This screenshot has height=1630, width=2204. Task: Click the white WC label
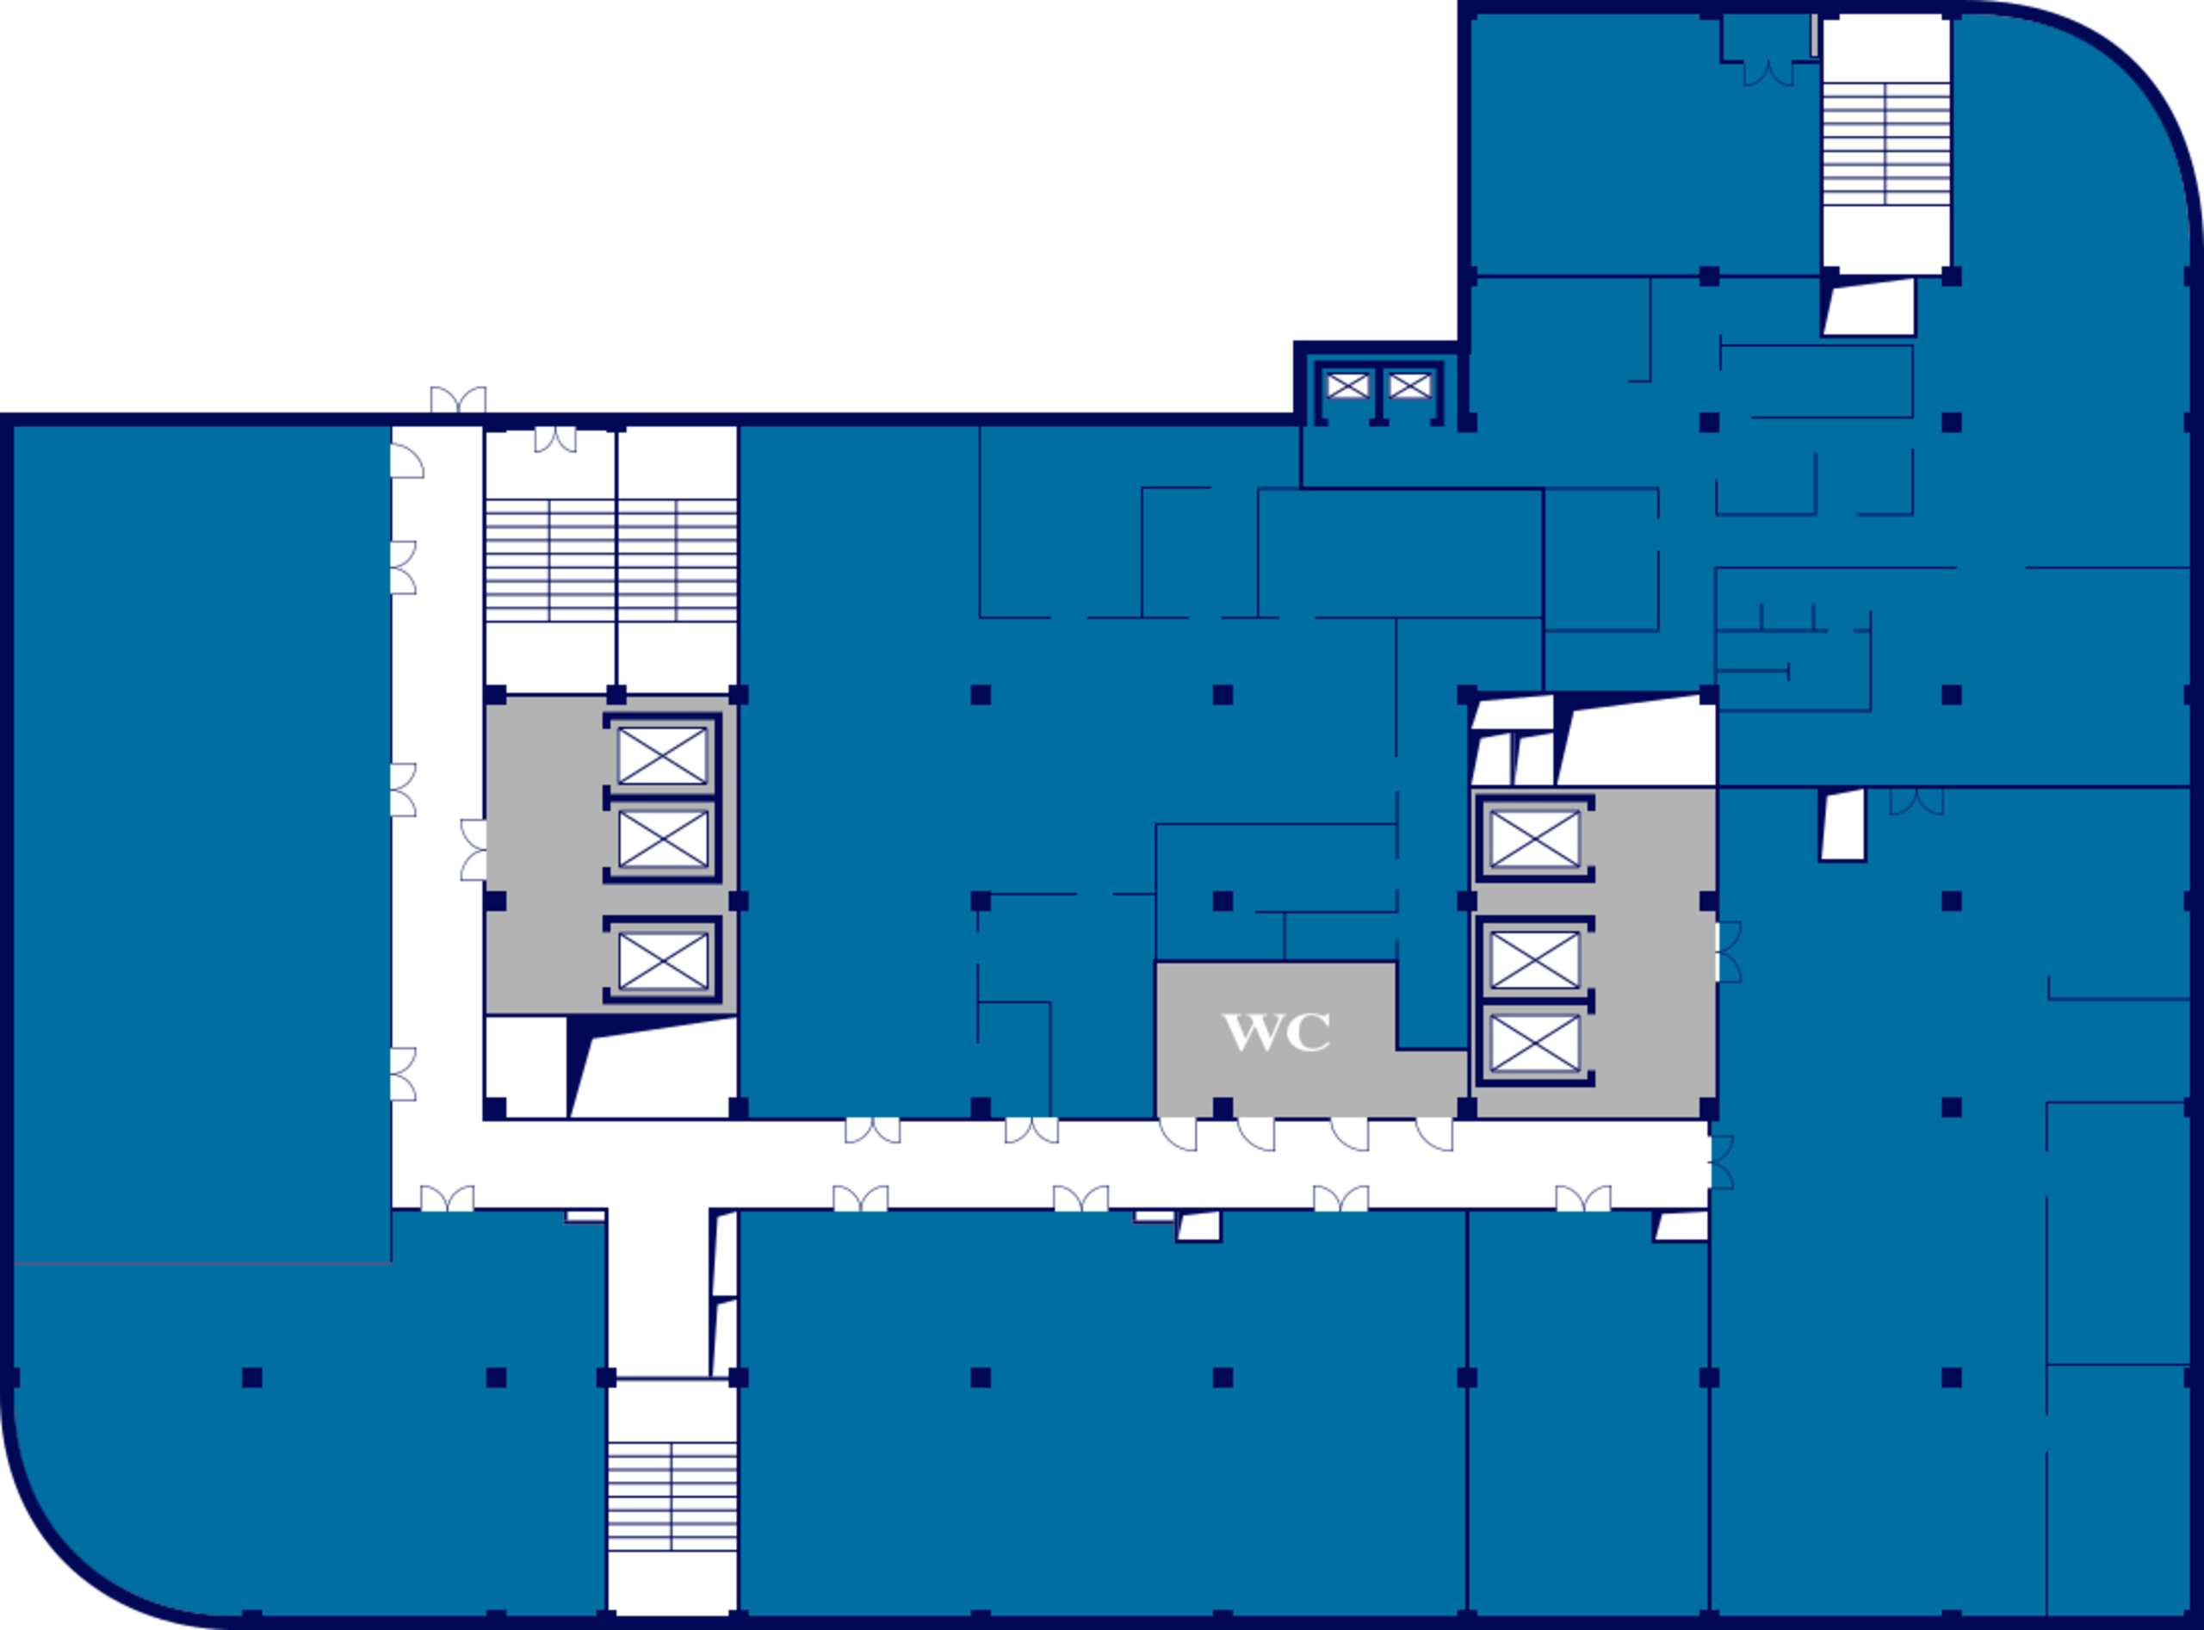coord(1277,1032)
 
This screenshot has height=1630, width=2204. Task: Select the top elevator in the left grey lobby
coord(663,756)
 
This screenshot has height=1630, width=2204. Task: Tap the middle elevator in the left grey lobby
coord(663,840)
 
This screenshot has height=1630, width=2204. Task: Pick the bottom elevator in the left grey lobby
coord(663,959)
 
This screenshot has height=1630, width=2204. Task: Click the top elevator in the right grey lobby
coord(1534,840)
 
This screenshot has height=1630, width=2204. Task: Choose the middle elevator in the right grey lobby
coord(1534,958)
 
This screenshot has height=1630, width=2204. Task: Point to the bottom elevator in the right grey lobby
coord(1534,1043)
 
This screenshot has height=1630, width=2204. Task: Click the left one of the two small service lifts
coord(1347,385)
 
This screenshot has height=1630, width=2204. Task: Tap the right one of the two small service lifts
coord(1410,385)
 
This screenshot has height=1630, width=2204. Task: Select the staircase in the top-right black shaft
coord(1886,144)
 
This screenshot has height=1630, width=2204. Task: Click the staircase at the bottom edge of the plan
coord(672,1496)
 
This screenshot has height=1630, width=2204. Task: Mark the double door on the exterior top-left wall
coord(458,400)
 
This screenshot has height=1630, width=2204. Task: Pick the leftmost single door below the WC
coord(1178,1135)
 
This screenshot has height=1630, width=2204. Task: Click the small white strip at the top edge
coord(1813,34)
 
